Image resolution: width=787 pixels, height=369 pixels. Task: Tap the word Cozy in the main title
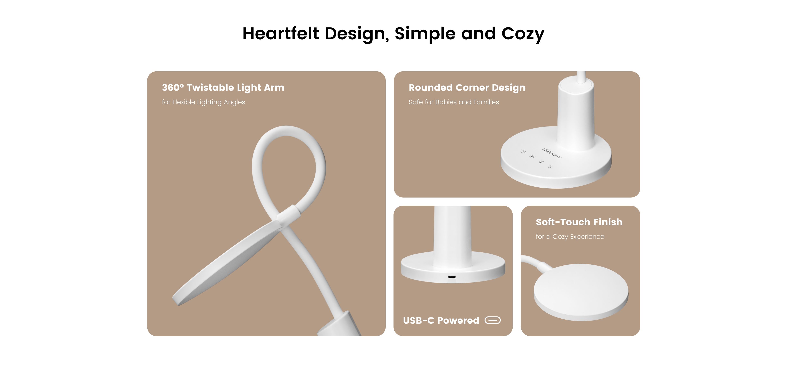pyautogui.click(x=523, y=34)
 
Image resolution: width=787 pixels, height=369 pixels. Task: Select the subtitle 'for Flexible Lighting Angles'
pyautogui.click(x=204, y=102)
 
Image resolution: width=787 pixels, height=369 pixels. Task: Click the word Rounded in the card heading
pyautogui.click(x=431, y=88)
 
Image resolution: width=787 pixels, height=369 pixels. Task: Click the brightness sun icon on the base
pyautogui.click(x=532, y=157)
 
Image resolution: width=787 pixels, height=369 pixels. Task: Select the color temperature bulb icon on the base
pyautogui.click(x=541, y=162)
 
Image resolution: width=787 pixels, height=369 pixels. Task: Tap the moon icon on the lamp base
pyautogui.click(x=550, y=166)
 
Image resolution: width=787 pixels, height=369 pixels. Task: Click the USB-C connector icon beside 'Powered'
pyautogui.click(x=492, y=320)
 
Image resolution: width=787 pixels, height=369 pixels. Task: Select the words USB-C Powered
pyautogui.click(x=441, y=320)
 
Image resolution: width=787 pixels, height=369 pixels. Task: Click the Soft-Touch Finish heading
pyautogui.click(x=579, y=222)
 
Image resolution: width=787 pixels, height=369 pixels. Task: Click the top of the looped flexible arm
pyautogui.click(x=286, y=130)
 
